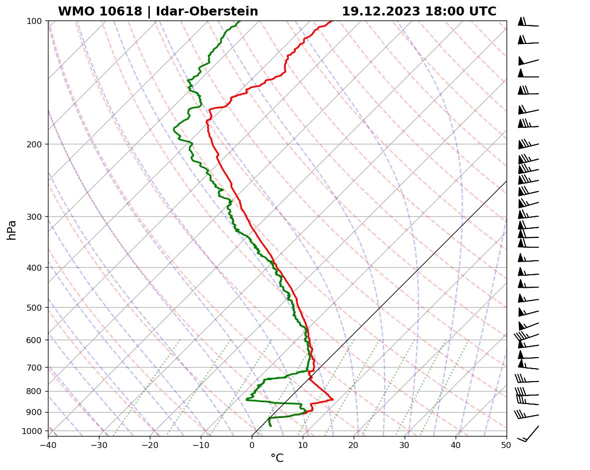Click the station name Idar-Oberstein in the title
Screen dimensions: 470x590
point(207,11)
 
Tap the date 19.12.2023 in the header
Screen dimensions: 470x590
point(381,11)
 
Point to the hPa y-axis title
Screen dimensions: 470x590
point(11,230)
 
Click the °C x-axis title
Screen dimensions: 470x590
point(277,458)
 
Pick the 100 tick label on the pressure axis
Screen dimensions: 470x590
point(34,21)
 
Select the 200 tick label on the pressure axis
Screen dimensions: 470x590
point(34,144)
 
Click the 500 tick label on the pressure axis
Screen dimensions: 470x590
point(34,308)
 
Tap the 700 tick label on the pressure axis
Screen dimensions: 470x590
point(34,368)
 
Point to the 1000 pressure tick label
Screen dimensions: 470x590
point(32,431)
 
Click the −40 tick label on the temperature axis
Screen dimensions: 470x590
point(48,444)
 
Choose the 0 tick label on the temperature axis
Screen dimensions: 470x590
point(252,444)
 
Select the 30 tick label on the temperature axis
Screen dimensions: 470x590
point(405,444)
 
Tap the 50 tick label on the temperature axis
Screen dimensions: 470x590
point(507,444)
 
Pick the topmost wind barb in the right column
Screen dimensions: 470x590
point(528,23)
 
